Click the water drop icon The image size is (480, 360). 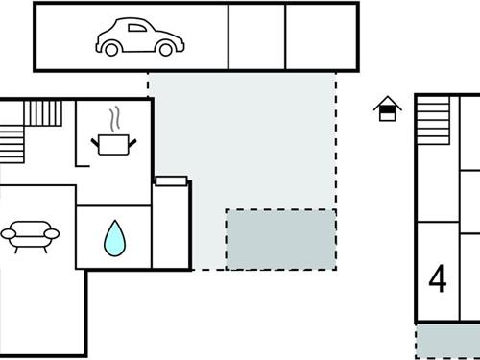pyautogui.click(x=114, y=237)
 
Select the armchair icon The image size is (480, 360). pyautogui.click(x=30, y=232)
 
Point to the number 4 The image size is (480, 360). pyautogui.click(x=438, y=279)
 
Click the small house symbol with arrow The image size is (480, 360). pyautogui.click(x=387, y=109)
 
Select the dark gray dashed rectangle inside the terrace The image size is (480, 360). pyautogui.click(x=280, y=239)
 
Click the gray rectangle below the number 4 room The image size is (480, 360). pyautogui.click(x=447, y=341)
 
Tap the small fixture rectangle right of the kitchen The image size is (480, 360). pyautogui.click(x=170, y=180)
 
